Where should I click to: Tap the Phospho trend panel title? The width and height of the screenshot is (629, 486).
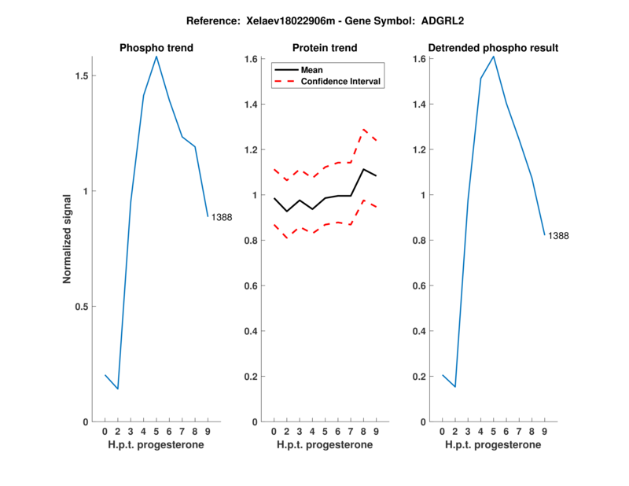click(x=156, y=48)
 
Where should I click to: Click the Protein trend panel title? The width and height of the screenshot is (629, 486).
click(x=325, y=48)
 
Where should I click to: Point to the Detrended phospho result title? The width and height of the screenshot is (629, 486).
click(x=493, y=48)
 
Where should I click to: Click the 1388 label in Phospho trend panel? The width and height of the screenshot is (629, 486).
click(x=221, y=217)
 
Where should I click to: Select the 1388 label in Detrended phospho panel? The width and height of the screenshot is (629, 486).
click(x=558, y=235)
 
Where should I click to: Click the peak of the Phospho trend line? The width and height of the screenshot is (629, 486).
click(x=156, y=57)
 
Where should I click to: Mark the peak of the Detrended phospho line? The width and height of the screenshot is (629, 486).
click(x=493, y=56)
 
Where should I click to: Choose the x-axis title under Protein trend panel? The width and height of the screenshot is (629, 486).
click(x=325, y=445)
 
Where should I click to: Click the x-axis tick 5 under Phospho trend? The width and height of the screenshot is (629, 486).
click(x=156, y=431)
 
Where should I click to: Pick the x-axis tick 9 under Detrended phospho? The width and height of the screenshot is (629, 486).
click(x=544, y=431)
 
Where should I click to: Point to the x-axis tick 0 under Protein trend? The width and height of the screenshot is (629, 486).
click(x=274, y=431)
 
